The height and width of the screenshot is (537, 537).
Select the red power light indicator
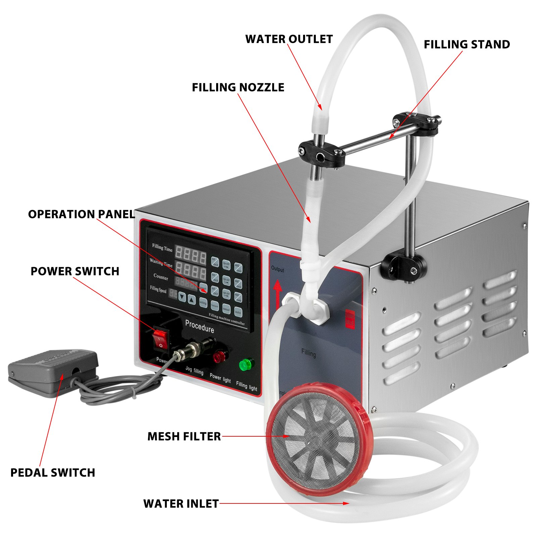coord(219,356)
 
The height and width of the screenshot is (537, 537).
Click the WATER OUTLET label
coord(289,39)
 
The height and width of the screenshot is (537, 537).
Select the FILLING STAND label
coord(467,45)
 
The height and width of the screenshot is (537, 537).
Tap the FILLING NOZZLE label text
coord(238,88)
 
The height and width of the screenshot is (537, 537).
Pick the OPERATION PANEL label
coord(81,214)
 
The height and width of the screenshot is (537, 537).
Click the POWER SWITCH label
coord(75,271)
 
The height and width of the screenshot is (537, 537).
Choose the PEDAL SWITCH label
coord(53,473)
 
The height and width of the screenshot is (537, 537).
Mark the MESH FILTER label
coord(184,436)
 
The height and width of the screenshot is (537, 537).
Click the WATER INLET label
coord(181,503)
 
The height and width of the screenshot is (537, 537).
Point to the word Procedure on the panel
coord(199,326)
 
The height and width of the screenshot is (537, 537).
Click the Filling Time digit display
coord(190,255)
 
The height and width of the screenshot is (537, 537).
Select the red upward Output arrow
coord(277,294)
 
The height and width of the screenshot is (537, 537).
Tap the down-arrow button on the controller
coord(182,297)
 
